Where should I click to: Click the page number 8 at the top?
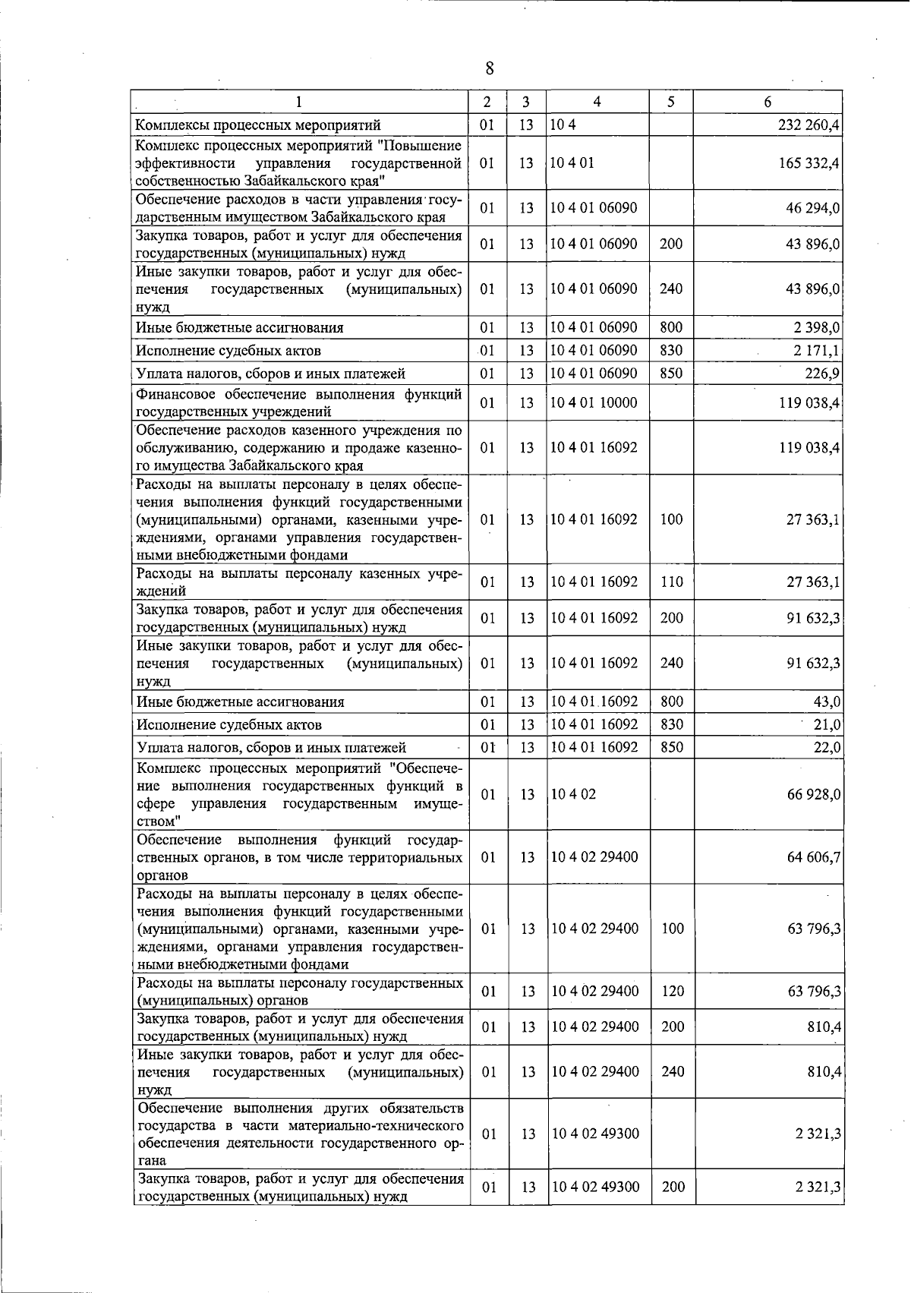(489, 69)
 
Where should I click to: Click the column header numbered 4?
(597, 102)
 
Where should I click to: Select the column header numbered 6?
(768, 102)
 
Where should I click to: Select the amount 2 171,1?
(816, 351)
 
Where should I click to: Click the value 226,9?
(821, 374)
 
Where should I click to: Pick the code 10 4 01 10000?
(594, 402)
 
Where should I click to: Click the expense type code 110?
(671, 582)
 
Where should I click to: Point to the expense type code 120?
(673, 991)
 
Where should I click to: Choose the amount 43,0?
(827, 702)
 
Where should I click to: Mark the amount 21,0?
(827, 725)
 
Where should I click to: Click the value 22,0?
(827, 748)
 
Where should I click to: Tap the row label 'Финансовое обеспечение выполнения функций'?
(298, 394)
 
